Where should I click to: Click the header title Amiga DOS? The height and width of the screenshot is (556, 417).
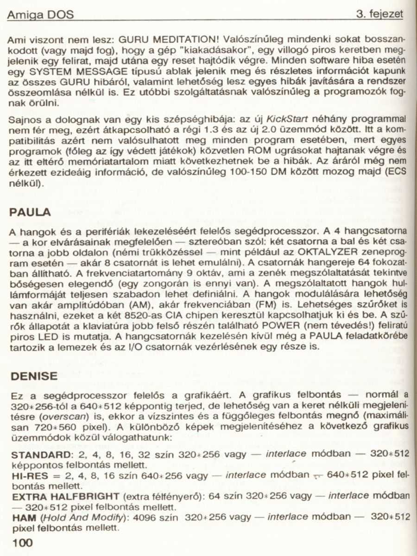tap(40, 15)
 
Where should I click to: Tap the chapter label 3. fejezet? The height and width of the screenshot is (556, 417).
tap(379, 14)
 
